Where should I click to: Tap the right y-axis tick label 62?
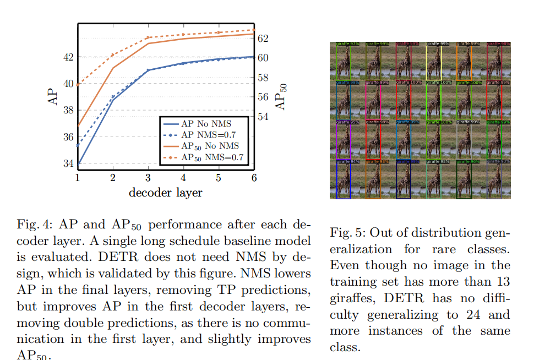264,38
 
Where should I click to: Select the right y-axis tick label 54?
264,117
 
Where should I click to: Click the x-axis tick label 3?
148,178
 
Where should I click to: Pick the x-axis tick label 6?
254,178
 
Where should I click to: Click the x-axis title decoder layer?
165,193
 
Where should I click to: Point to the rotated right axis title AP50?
281,97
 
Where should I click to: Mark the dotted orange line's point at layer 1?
78,85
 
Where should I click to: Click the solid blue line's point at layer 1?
78,163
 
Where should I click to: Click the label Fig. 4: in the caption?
34,226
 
